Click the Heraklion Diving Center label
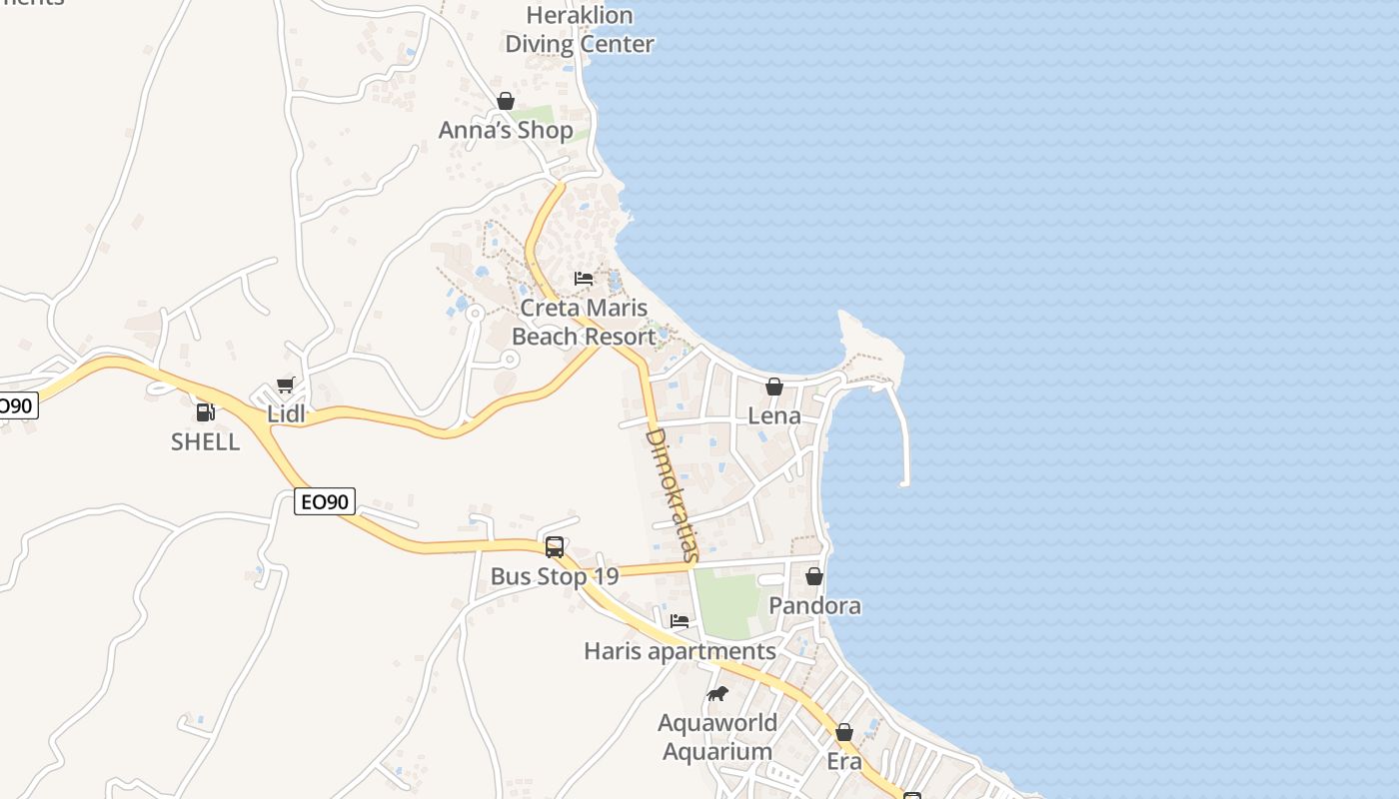[580, 30]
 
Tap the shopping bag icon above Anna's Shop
[506, 101]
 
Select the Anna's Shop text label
[506, 130]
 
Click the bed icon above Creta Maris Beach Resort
[584, 279]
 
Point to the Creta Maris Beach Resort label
[584, 322]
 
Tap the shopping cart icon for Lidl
[285, 386]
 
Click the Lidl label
[285, 414]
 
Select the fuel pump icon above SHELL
[205, 411]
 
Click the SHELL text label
[205, 441]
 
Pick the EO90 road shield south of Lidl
[326, 501]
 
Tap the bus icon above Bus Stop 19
[555, 547]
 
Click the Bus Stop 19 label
[555, 576]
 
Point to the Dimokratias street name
[671, 494]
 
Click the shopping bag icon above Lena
[774, 387]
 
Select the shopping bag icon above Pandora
[814, 576]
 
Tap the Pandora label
[814, 605]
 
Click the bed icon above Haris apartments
[680, 621]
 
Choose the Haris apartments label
[680, 651]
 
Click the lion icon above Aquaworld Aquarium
[716, 694]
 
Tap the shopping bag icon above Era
[844, 732]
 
